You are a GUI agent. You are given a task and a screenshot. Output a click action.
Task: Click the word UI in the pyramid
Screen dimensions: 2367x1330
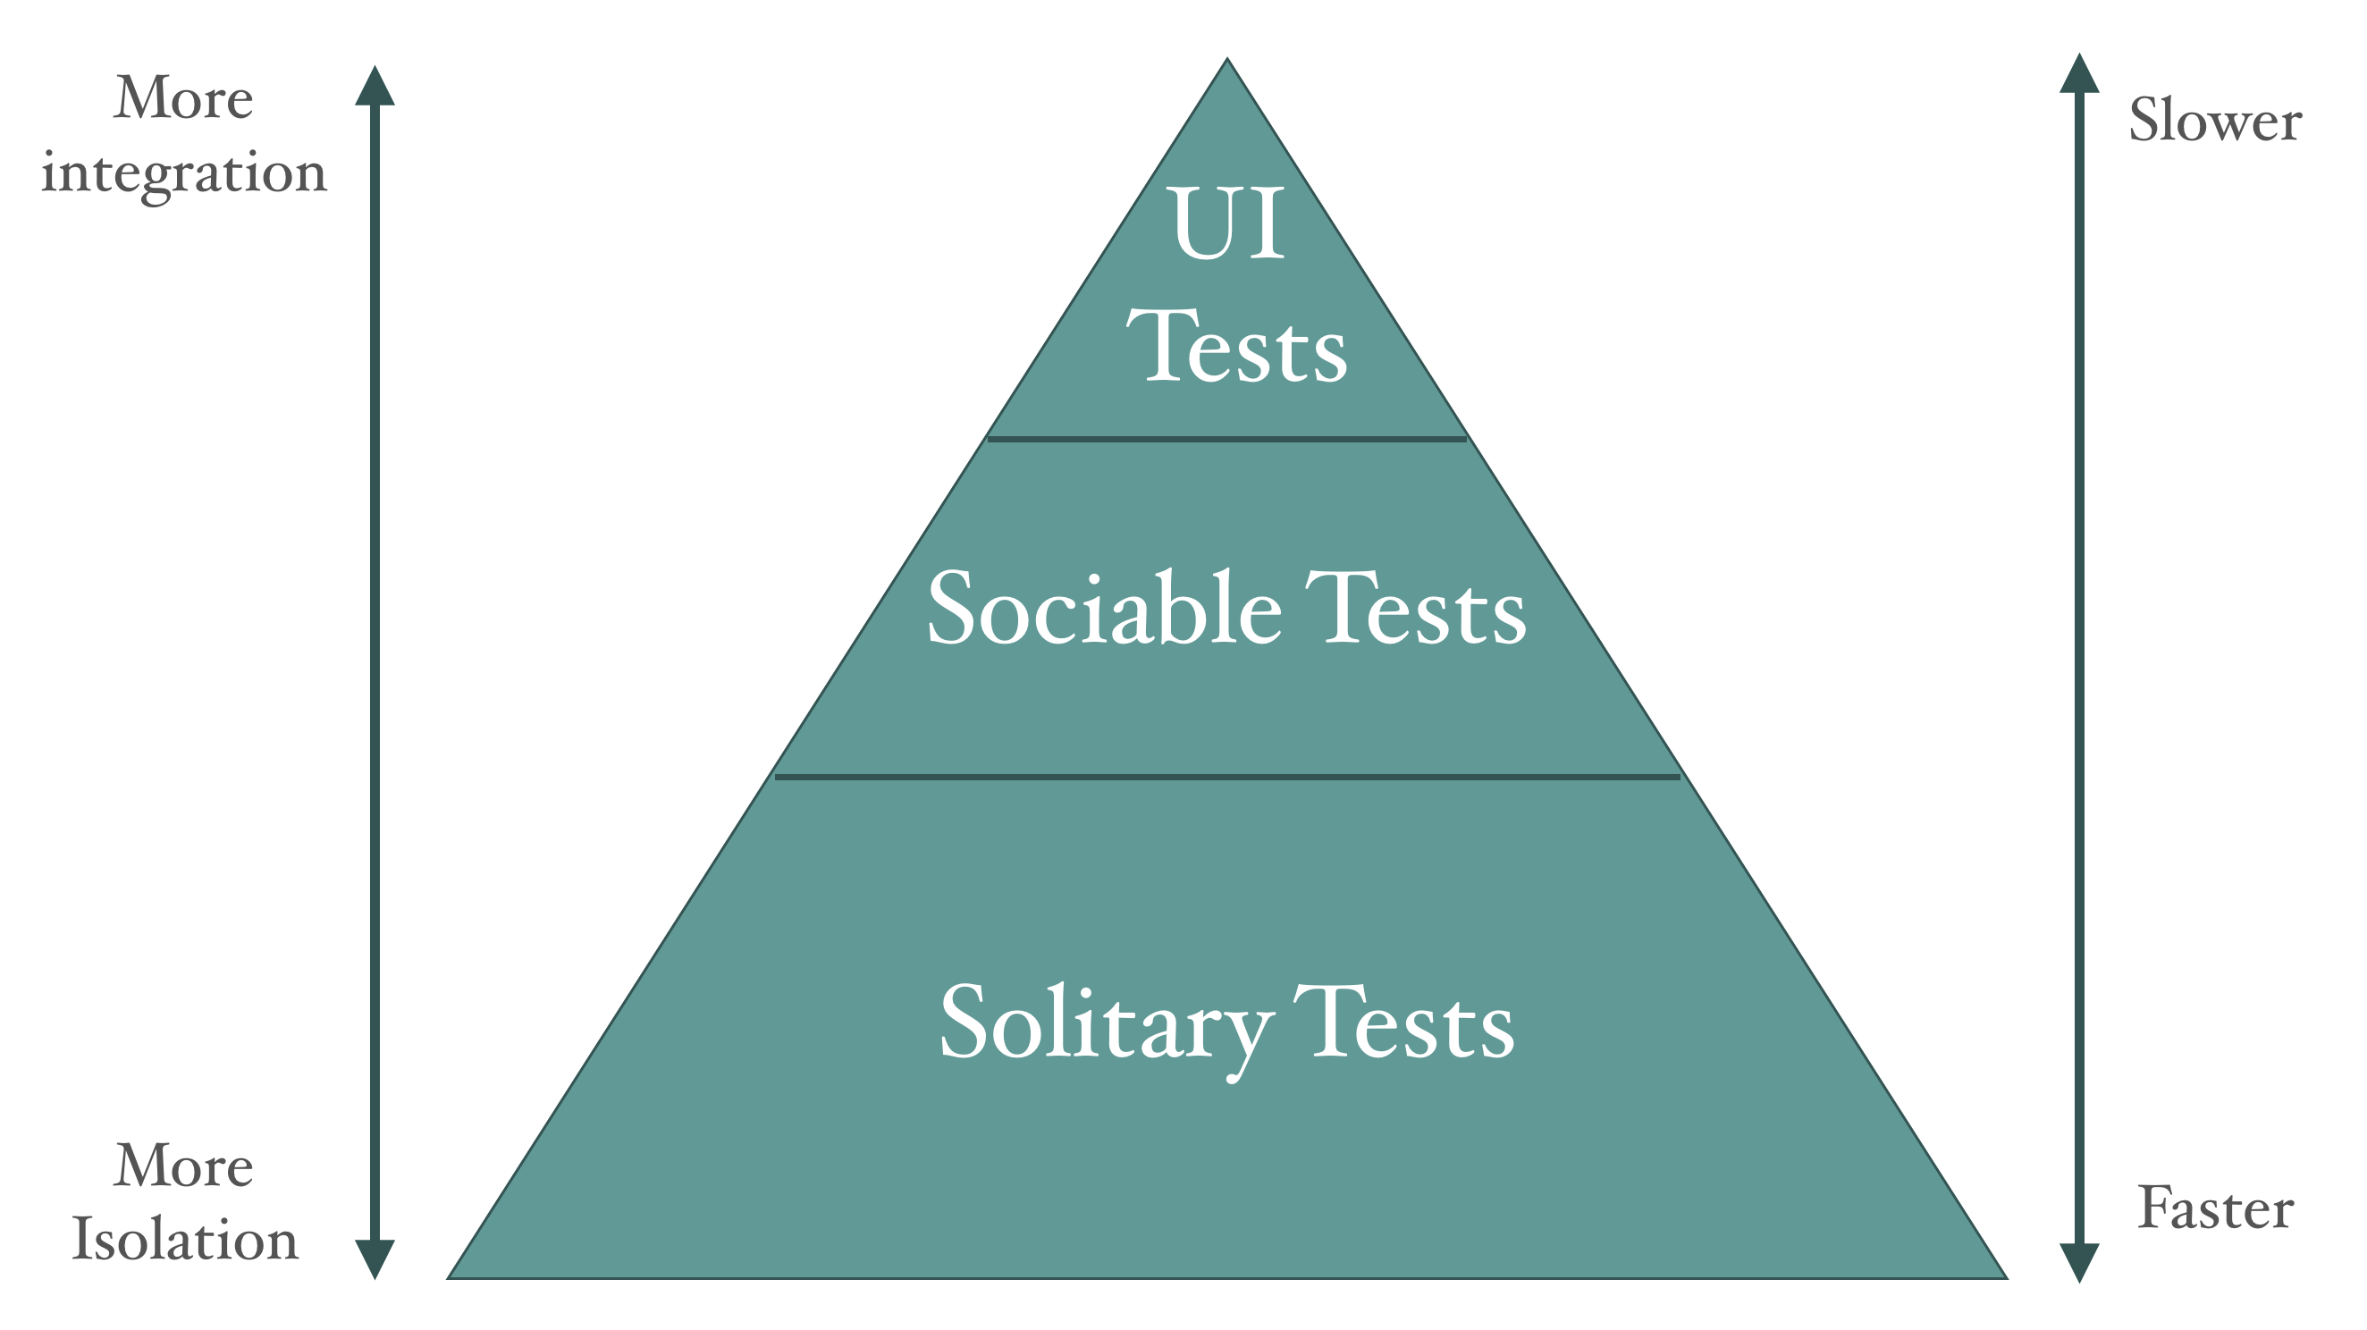pos(1228,223)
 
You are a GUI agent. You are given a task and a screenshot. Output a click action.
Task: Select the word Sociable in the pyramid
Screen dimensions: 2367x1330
pos(1105,606)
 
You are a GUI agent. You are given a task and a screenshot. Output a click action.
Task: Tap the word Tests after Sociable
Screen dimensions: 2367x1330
pos(1416,606)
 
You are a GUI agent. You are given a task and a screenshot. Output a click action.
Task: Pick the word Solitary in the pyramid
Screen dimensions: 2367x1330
pos(1108,1026)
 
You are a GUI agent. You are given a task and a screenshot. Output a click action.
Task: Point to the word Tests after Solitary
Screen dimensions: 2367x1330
pos(1404,1022)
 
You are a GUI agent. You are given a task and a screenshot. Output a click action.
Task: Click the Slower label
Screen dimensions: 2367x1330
pos(2215,120)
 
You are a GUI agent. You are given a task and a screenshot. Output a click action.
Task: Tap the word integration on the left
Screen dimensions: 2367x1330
pos(184,173)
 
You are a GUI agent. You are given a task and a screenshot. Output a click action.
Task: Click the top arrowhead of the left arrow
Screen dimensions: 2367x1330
pos(375,85)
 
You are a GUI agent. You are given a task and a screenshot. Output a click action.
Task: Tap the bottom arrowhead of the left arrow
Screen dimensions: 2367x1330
pos(375,1259)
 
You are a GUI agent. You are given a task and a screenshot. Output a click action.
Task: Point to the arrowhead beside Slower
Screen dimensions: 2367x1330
pos(2079,72)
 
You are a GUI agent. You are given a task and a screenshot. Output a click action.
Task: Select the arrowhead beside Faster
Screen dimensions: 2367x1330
pos(2079,1263)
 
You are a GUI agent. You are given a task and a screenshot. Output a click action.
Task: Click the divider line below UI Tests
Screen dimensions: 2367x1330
pos(1227,439)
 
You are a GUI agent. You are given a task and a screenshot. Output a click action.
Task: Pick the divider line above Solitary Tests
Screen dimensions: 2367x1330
pos(1227,777)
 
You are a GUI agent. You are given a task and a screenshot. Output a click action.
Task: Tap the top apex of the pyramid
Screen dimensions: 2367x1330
pos(1227,59)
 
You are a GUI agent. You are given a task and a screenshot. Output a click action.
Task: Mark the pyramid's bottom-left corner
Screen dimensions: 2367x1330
pos(448,1277)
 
